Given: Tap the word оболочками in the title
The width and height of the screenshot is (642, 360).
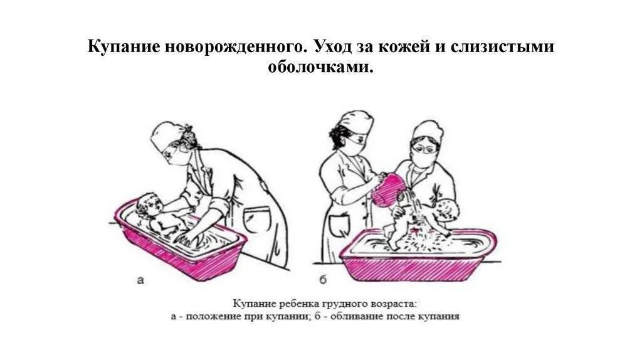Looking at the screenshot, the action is pos(320,66).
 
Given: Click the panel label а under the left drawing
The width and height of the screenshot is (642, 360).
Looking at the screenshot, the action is pos(140,280).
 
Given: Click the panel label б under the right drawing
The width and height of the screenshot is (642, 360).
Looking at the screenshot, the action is pos(323,280).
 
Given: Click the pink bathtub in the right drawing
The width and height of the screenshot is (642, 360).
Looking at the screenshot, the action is pos(418,256).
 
